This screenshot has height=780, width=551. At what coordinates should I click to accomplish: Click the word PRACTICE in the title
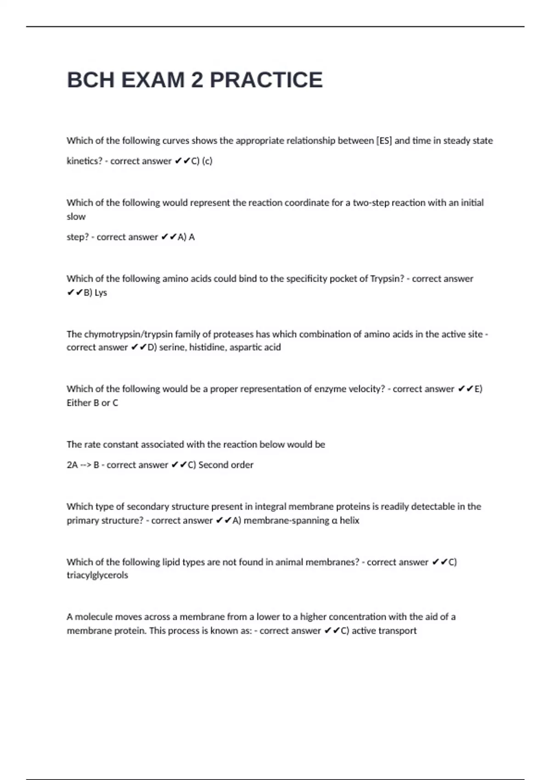(266, 80)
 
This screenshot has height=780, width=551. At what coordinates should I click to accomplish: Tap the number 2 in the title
(197, 80)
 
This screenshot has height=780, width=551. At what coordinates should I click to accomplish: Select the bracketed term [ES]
(384, 140)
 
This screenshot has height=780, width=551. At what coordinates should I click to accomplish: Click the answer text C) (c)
(202, 161)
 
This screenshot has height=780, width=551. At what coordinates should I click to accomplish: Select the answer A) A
(186, 237)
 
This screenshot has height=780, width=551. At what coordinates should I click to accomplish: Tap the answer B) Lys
(95, 293)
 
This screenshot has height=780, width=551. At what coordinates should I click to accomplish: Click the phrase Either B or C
(92, 403)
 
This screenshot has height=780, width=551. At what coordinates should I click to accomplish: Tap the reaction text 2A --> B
(83, 465)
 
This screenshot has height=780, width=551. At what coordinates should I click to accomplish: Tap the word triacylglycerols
(97, 575)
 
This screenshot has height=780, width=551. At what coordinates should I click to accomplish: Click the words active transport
(384, 631)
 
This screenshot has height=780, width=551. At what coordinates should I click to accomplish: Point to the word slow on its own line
(76, 217)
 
